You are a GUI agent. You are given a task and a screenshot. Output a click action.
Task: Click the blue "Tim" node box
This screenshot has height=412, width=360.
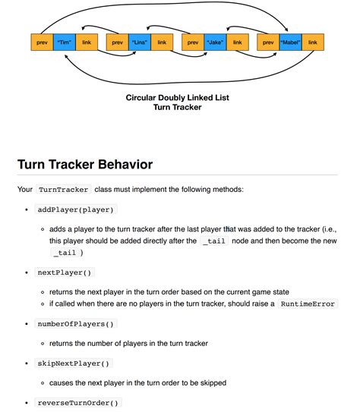pyautogui.click(x=64, y=43)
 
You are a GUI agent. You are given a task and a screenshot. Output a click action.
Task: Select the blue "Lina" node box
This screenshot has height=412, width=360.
pyautogui.click(x=140, y=43)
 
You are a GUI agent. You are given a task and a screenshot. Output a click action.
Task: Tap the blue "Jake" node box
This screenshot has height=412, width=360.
pyautogui.click(x=215, y=43)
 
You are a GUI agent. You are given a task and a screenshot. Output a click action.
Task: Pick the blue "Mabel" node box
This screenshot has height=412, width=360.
pyautogui.click(x=290, y=43)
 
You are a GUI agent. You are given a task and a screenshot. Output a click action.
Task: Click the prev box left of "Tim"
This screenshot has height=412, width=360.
pyautogui.click(x=42, y=43)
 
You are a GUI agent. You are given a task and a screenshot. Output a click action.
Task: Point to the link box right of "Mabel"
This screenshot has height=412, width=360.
pyautogui.click(x=313, y=43)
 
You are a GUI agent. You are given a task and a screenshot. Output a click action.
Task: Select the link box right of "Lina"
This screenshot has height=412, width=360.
pyautogui.click(x=162, y=43)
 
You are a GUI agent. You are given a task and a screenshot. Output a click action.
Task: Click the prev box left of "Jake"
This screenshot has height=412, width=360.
pyautogui.click(x=193, y=43)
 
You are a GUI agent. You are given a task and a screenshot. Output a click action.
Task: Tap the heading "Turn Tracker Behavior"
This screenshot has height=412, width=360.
pyautogui.click(x=84, y=164)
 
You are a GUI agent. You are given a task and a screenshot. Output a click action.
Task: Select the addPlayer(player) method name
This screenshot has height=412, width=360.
pyautogui.click(x=77, y=209)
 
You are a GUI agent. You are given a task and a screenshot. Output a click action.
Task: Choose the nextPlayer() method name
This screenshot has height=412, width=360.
pyautogui.click(x=65, y=272)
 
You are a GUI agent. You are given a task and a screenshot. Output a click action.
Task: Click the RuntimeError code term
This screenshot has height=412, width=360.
pyautogui.click(x=308, y=303)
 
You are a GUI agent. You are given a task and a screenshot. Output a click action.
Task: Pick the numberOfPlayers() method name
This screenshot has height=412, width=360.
pyautogui.click(x=76, y=324)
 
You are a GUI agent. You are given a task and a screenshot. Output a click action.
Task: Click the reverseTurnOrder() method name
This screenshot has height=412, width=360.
pyautogui.click(x=78, y=403)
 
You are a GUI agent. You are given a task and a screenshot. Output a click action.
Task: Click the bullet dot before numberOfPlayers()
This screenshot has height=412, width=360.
pyautogui.click(x=27, y=324)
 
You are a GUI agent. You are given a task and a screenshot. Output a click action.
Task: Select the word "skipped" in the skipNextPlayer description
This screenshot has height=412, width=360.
pyautogui.click(x=210, y=383)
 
